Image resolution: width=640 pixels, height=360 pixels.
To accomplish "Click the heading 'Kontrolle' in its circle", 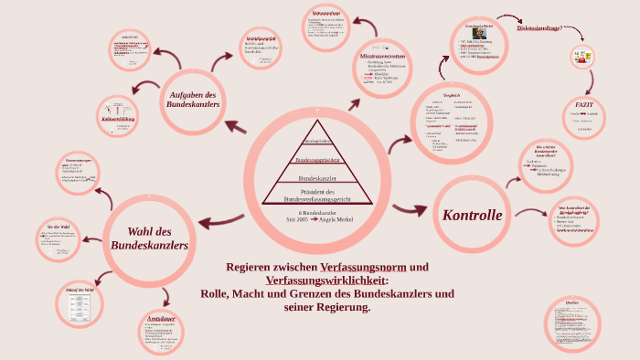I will [x=472, y=216].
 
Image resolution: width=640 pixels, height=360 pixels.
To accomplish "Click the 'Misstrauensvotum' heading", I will [x=376, y=58].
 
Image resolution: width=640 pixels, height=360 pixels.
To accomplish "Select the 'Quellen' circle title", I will [x=572, y=302].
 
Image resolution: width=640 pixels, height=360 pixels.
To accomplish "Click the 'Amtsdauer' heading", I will [x=161, y=318].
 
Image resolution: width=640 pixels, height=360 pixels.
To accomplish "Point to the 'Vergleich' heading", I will [x=450, y=95].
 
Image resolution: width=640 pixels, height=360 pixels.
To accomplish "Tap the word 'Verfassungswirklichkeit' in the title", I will [x=322, y=280].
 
